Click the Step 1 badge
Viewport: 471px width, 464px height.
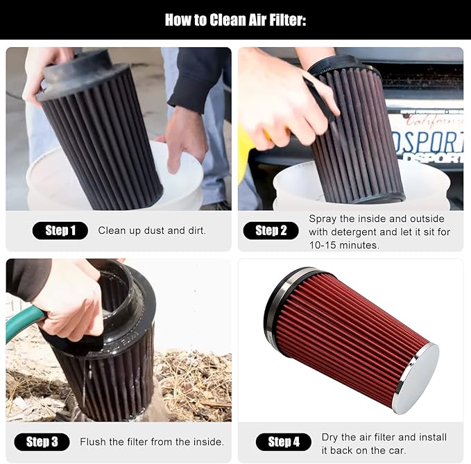pyautogui.click(x=60, y=230)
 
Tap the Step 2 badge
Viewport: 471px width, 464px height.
pyautogui.click(x=271, y=230)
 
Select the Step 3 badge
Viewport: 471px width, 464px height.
pyautogui.click(x=42, y=442)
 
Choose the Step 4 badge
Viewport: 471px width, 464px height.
pyautogui.click(x=284, y=442)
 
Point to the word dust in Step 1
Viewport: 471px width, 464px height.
pyautogui.click(x=155, y=230)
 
